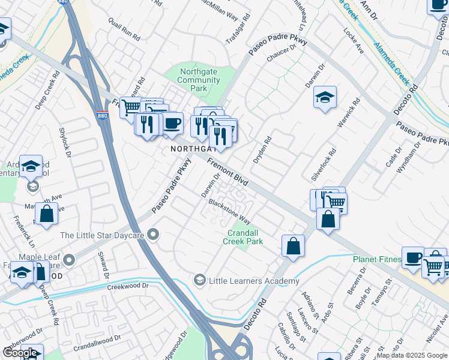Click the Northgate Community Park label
(199, 80)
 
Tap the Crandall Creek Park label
(245, 237)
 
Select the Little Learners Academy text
(254, 281)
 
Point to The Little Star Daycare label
(101, 236)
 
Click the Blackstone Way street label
(229, 211)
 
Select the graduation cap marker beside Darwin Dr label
(325, 98)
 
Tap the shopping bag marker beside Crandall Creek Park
(293, 247)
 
